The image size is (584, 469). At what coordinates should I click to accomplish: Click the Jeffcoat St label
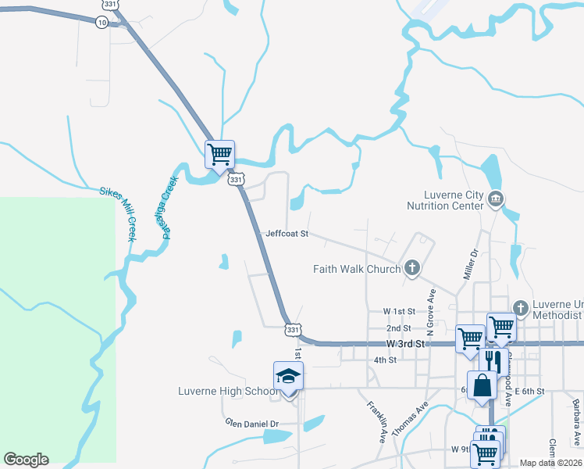(x=287, y=234)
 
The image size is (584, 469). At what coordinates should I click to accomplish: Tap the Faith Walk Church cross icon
(x=412, y=269)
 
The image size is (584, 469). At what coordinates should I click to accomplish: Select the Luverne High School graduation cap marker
(x=287, y=375)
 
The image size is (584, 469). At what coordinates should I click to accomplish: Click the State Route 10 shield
(x=102, y=23)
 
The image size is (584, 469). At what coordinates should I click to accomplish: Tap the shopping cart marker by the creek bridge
(x=219, y=153)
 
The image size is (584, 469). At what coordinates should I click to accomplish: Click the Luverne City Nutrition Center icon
(x=495, y=199)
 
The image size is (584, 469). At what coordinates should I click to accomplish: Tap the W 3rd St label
(x=404, y=344)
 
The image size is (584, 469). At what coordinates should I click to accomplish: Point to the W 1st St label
(x=397, y=311)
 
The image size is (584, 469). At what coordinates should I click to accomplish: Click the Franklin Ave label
(x=376, y=422)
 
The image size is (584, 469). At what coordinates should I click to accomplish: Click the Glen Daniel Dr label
(x=252, y=424)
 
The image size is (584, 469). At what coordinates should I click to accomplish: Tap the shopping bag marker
(x=482, y=385)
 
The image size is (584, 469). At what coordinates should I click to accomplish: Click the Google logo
(x=26, y=460)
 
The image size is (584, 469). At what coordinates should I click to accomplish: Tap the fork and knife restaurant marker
(x=493, y=361)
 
